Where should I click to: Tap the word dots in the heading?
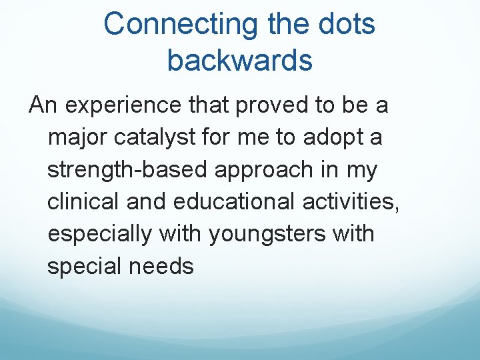(345, 25)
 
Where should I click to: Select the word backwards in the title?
(239, 60)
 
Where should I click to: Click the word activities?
(359, 202)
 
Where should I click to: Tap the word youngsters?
(261, 235)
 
